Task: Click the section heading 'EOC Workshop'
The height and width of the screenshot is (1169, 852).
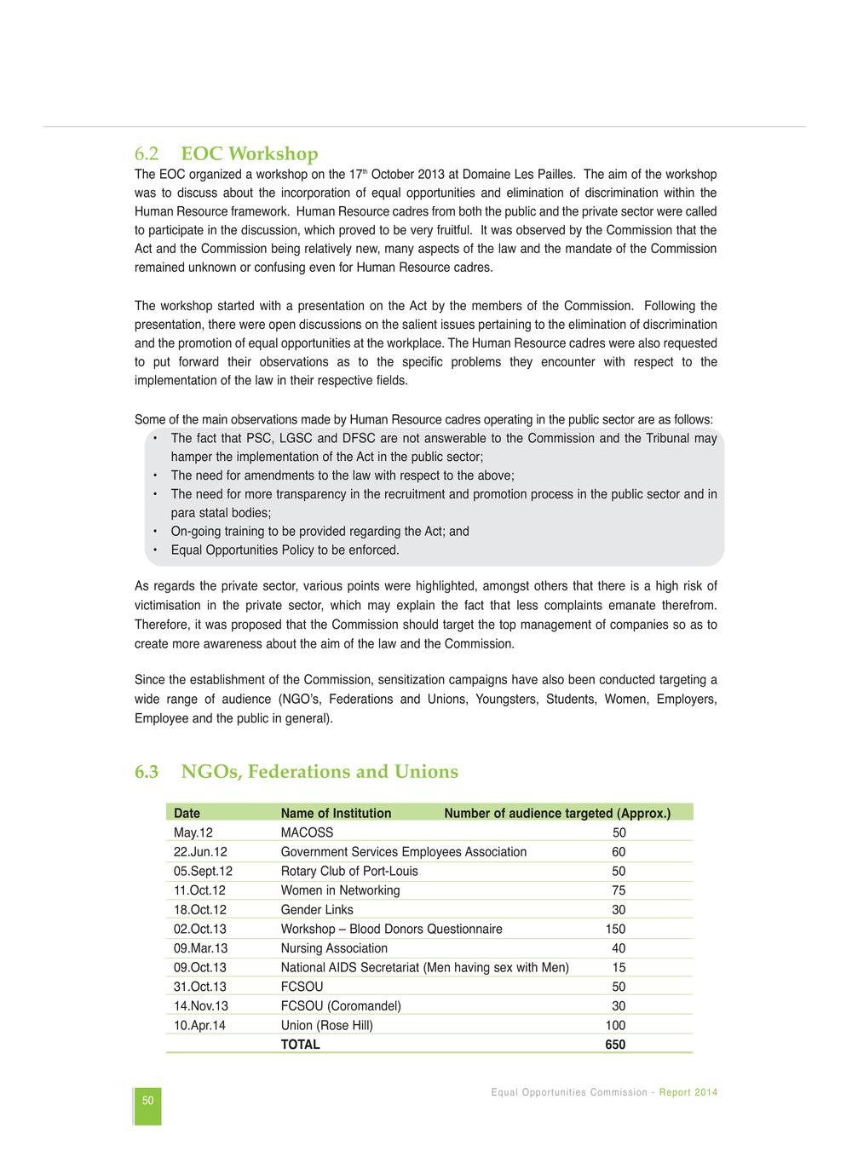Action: [x=250, y=154]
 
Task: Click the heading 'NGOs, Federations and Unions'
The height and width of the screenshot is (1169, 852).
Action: [x=319, y=772]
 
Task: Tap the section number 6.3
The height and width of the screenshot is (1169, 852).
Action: [x=147, y=772]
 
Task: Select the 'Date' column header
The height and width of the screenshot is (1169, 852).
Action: [x=187, y=813]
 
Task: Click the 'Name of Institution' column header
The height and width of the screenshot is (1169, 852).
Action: [x=336, y=813]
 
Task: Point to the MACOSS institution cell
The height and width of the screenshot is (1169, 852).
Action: [x=307, y=832]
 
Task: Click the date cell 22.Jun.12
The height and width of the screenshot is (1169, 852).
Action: [x=200, y=852]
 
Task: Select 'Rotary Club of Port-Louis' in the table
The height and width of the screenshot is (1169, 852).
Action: [x=349, y=871]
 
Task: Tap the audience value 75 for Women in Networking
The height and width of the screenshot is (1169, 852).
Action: [x=619, y=890]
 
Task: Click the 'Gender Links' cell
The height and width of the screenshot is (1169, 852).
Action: [x=317, y=910]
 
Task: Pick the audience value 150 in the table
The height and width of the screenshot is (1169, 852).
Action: [x=615, y=929]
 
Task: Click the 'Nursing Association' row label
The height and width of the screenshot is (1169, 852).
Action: [x=334, y=948]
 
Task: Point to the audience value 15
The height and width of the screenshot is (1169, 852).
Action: [x=619, y=967]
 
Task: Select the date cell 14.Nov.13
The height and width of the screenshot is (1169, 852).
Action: [x=201, y=1006]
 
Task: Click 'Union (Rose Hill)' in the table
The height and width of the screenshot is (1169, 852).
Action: [x=327, y=1025]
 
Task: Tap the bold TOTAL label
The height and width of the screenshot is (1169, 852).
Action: [x=300, y=1045]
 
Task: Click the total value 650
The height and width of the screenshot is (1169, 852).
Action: [x=615, y=1045]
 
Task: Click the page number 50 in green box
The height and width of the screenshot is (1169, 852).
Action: [x=148, y=1101]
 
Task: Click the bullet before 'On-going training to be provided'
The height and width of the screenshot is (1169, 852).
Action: [x=155, y=532]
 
